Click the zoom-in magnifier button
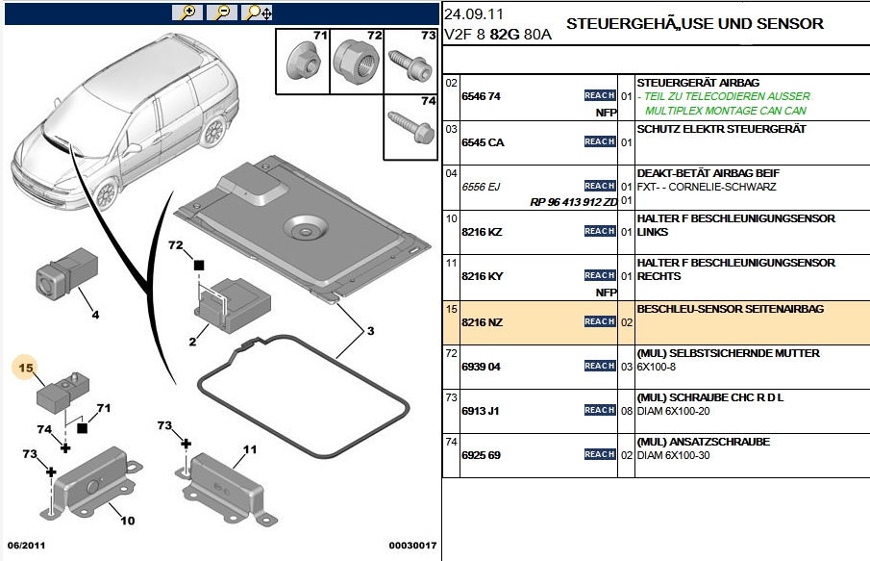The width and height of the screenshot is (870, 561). pyautogui.click(x=187, y=13)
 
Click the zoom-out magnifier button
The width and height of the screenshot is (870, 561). pyautogui.click(x=222, y=13)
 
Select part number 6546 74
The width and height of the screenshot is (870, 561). pyautogui.click(x=482, y=96)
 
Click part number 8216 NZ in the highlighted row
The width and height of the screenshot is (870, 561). pyautogui.click(x=483, y=322)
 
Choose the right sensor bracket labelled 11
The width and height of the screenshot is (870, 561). pyautogui.click(x=226, y=481)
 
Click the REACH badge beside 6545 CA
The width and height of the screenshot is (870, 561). pyautogui.click(x=600, y=141)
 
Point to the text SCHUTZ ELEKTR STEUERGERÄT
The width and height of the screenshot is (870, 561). pyautogui.click(x=721, y=129)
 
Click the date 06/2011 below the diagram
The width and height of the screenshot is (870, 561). pyautogui.click(x=26, y=546)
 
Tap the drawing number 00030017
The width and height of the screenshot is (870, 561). pyautogui.click(x=412, y=546)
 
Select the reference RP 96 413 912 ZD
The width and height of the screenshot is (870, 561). pyautogui.click(x=573, y=202)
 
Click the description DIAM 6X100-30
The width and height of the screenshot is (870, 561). pyautogui.click(x=673, y=455)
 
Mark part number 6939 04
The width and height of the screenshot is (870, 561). pyautogui.click(x=482, y=367)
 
